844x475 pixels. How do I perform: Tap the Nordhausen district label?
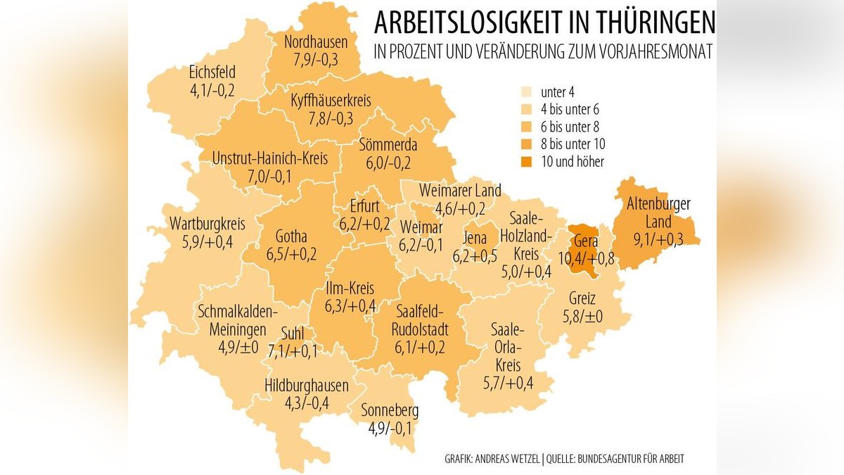point(311,42)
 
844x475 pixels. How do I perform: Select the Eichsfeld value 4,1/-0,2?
point(212,89)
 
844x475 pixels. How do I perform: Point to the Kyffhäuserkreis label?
point(331,101)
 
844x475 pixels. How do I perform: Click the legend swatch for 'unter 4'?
point(524,92)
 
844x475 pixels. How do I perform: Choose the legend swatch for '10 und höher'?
point(524,161)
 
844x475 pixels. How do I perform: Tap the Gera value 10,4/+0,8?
point(587,258)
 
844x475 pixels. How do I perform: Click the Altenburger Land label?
point(658,213)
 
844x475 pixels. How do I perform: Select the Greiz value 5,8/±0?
point(582,317)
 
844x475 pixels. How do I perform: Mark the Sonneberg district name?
point(390,411)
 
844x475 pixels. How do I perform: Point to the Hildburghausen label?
point(307,386)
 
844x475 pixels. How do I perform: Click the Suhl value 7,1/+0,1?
point(289,350)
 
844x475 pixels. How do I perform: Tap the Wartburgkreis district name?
point(207,225)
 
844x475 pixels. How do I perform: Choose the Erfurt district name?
point(364,207)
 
